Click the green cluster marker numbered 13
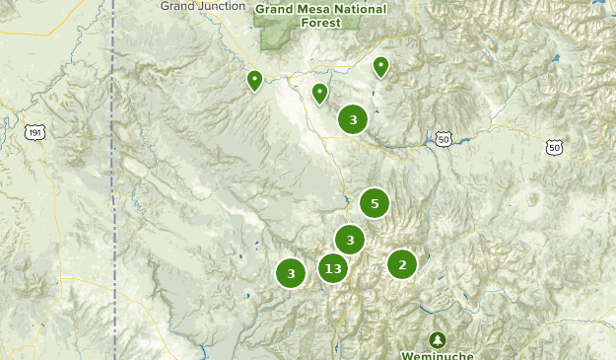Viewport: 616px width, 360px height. coord(332,267)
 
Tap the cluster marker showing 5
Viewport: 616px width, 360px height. coord(374,204)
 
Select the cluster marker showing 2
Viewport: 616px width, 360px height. coord(401,263)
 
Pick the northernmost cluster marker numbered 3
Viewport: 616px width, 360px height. coord(353,119)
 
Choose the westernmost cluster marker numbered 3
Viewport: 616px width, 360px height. coord(290,273)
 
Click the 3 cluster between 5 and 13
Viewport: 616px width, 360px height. coord(350,239)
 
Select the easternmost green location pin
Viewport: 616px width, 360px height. coord(380,66)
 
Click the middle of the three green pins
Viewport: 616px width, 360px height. coord(319,93)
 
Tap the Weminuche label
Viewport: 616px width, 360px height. coord(438,354)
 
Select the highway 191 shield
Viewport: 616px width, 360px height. coord(36,131)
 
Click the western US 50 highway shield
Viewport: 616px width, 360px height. coord(445,139)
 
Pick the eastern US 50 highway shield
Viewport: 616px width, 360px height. coord(554,148)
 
